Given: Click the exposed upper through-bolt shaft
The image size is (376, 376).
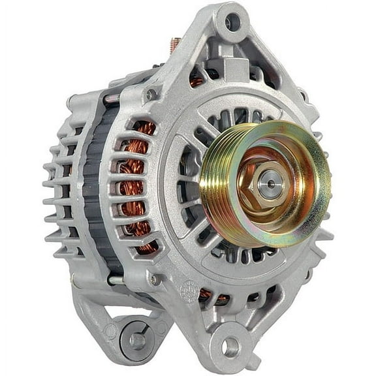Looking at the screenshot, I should [111, 99].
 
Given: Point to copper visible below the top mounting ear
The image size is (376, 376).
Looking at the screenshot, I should [196, 82].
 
